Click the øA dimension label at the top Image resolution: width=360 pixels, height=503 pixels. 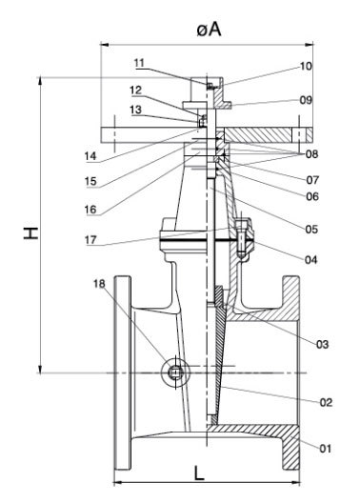(x=209, y=29)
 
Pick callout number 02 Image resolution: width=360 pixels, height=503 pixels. (x=326, y=403)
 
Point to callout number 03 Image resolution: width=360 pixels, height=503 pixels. (x=322, y=343)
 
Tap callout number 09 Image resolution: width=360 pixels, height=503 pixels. (x=305, y=99)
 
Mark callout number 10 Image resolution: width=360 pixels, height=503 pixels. (x=305, y=67)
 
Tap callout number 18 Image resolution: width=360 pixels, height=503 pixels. (x=100, y=284)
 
